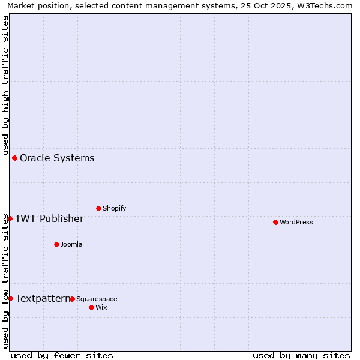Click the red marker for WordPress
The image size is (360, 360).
coord(275,222)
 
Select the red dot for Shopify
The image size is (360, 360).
coord(98,208)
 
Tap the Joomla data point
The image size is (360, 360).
coord(56,244)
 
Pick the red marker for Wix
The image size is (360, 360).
coord(91,307)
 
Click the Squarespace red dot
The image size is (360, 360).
coord(72,299)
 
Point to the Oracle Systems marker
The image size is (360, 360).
coord(14,158)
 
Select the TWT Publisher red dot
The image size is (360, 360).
coord(10,218)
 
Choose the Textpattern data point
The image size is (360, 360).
coord(10,298)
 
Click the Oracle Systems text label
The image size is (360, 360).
coord(57,158)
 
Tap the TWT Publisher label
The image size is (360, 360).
coord(49,218)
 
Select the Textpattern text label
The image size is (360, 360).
coord(43,298)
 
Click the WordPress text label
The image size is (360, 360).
coord(296,222)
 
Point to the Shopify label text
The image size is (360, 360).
coord(114,208)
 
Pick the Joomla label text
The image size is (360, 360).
coord(71,244)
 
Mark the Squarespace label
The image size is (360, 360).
coord(97,299)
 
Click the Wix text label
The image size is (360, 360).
coord(101,307)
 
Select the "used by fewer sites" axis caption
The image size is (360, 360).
coord(62,355)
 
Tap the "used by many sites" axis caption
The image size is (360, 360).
coord(301,355)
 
